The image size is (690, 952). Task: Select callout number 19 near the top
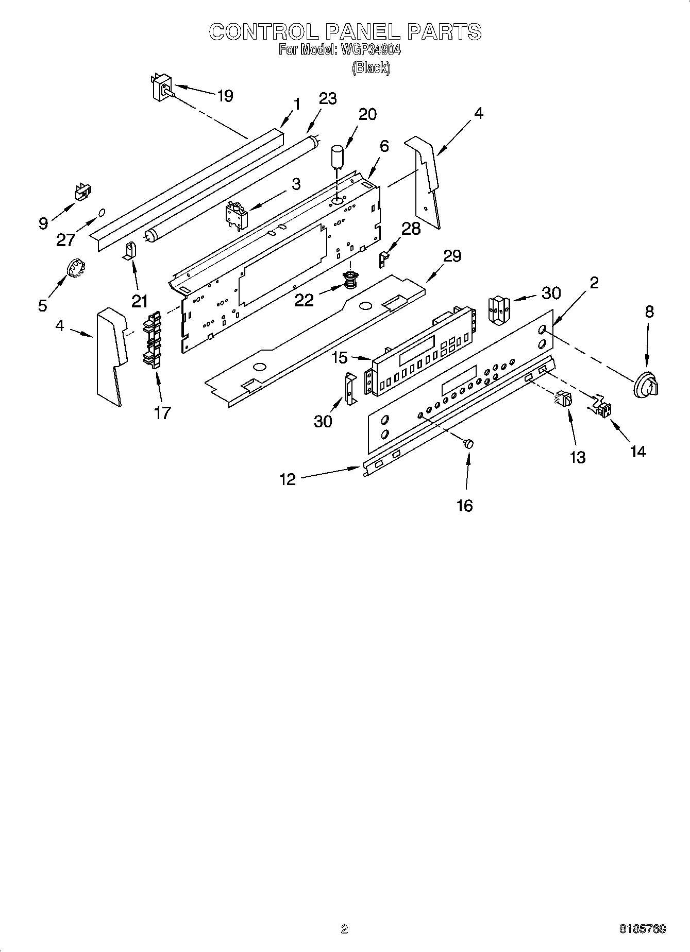[x=225, y=96]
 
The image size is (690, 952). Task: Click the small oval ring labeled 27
[x=102, y=212]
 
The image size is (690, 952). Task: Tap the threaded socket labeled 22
[x=350, y=281]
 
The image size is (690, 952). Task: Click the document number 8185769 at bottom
[x=642, y=929]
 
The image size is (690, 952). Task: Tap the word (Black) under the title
[x=371, y=67]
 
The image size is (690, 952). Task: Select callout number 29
[x=452, y=256]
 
